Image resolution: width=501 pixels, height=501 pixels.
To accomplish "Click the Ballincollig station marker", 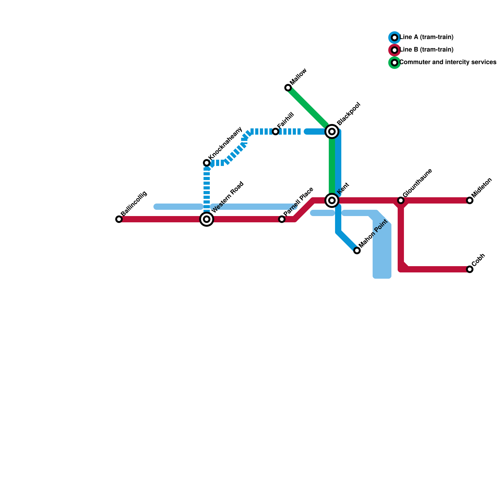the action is point(119,219).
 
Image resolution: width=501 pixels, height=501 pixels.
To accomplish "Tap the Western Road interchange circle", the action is point(207,219).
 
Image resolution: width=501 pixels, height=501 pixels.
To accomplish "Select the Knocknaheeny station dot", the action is point(207,163).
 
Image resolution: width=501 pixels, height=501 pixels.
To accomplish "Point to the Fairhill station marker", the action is point(276,132).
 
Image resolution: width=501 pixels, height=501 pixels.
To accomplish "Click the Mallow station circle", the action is point(288,88).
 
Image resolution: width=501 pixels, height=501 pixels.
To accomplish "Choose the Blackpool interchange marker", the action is point(332,132).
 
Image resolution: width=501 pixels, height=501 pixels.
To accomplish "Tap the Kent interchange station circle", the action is point(332,200).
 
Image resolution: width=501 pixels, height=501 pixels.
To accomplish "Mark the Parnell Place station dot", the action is point(282,219).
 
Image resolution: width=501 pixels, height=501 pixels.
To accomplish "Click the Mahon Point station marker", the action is point(357,250).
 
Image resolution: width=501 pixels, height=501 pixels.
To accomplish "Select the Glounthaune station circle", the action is point(401,200).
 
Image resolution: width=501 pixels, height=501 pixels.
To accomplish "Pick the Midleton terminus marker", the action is point(470,200).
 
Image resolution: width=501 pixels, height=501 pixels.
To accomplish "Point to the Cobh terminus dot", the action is point(470,269).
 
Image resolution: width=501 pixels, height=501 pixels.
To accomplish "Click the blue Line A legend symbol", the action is point(395,38).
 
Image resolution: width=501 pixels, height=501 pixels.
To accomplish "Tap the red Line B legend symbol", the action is point(395,50).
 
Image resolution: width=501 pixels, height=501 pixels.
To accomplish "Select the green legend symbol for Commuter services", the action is point(395,63).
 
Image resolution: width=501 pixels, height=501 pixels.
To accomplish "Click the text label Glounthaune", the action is point(417,183).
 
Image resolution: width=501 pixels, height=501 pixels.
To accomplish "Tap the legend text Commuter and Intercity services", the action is point(448,62).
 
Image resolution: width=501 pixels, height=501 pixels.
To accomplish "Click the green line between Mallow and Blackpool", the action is point(308,108).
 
